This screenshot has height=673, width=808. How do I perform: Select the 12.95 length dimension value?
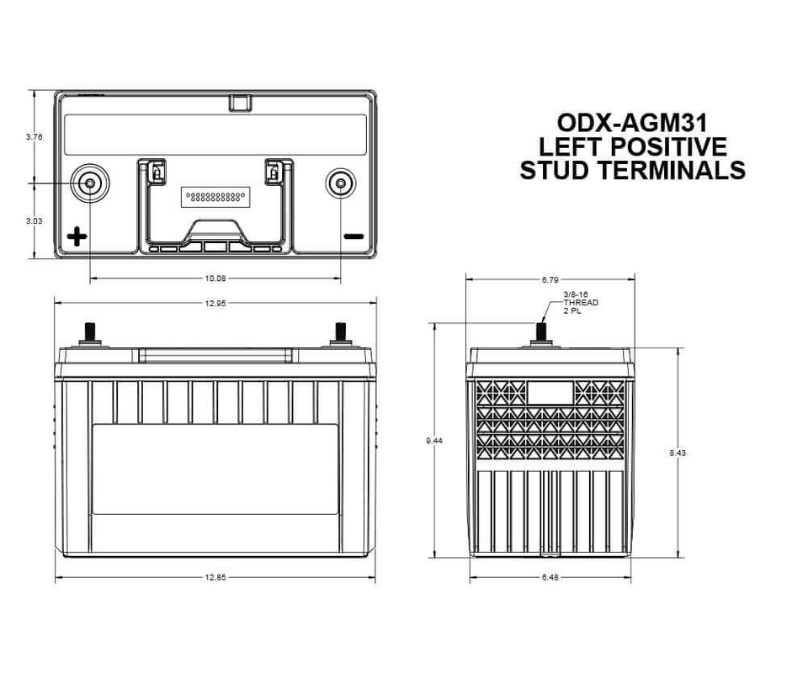coord(216,303)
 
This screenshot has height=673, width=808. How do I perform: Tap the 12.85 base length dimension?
coord(216,578)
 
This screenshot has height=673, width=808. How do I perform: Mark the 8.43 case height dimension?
coord(678,453)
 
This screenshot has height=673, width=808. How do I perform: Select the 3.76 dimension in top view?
coord(35,136)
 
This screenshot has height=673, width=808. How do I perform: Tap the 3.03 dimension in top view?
coord(35,220)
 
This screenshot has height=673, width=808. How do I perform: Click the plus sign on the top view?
coord(77,236)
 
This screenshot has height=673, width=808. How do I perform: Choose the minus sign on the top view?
coord(353,236)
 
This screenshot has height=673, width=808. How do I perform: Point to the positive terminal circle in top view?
coord(89,183)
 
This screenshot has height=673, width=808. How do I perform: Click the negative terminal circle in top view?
coord(340,183)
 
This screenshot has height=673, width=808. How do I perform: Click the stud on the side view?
coord(543,331)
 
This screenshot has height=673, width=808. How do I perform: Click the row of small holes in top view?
coord(215,196)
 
